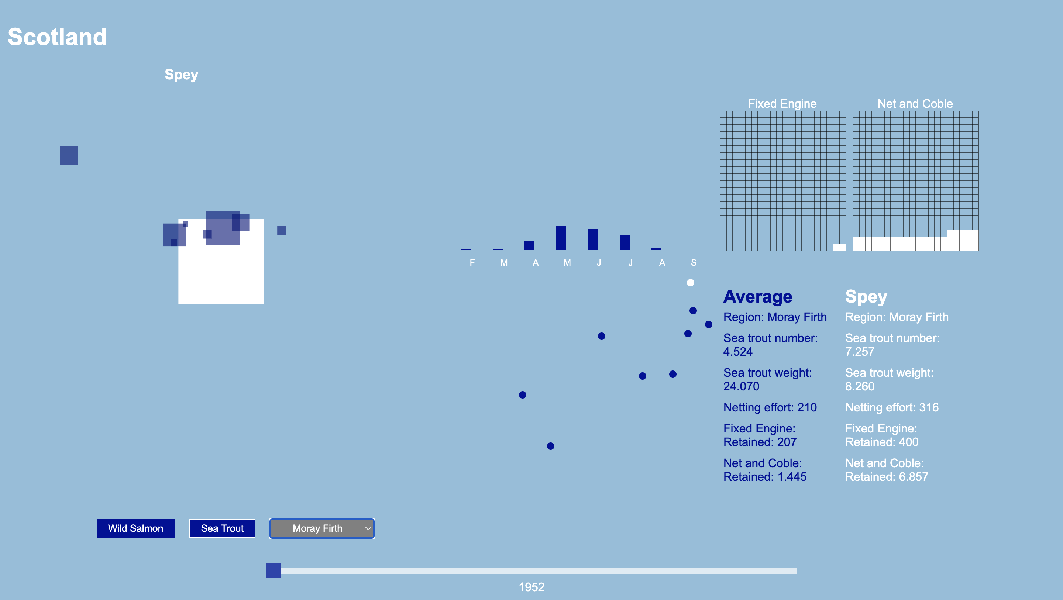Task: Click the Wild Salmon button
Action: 135,528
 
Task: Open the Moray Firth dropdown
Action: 322,528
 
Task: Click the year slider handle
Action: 273,571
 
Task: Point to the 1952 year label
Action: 531,587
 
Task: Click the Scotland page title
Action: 57,37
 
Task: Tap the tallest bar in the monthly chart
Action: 561,238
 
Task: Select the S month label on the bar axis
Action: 694,262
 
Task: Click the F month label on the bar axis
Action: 472,262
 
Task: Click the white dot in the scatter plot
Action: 690,283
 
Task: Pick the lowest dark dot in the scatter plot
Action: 550,446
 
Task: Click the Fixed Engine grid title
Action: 782,104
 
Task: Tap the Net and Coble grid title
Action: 915,104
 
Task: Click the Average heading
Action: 758,296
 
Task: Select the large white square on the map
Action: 221,272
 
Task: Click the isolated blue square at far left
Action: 69,156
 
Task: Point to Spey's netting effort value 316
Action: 929,407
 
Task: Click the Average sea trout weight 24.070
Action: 741,386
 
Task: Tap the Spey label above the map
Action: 182,75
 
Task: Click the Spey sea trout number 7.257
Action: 860,352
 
